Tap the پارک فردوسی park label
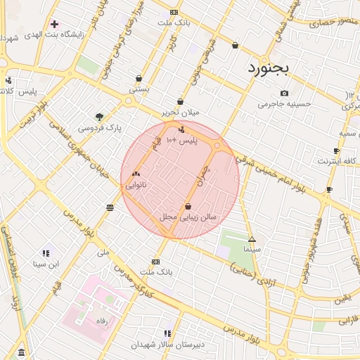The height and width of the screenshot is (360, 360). click(x=99, y=129)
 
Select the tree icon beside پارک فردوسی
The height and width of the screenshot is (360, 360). click(x=99, y=117)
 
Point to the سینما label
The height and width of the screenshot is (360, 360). click(x=252, y=249)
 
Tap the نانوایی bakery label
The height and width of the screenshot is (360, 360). click(x=136, y=186)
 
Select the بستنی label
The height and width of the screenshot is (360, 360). click(x=139, y=90)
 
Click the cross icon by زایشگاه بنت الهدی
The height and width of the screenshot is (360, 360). click(x=54, y=24)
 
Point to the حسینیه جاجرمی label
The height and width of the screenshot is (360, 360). click(x=284, y=104)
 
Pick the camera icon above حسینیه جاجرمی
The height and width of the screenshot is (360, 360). click(x=284, y=94)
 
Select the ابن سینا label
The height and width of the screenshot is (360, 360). click(x=46, y=264)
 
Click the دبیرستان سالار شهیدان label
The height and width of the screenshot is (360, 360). click(x=167, y=345)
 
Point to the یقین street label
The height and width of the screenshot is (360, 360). click(x=341, y=298)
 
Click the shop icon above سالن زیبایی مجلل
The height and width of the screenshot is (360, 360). click(x=188, y=206)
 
